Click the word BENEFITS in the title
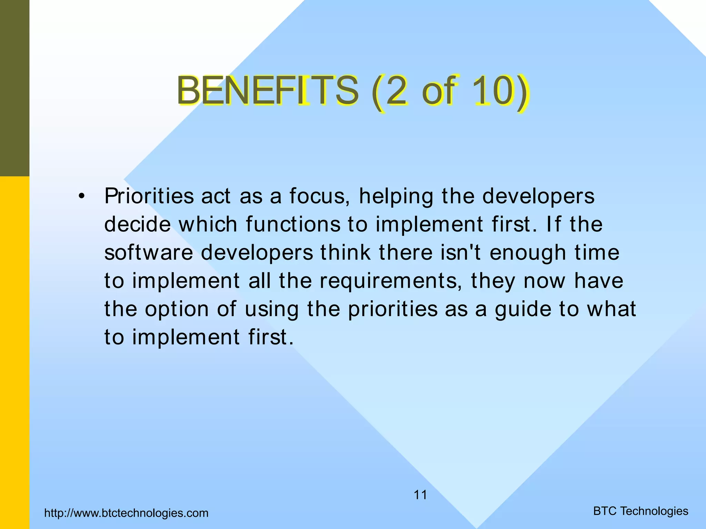click(x=267, y=91)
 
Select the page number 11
click(x=420, y=495)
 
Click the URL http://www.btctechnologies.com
click(x=127, y=513)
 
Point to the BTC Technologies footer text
click(x=641, y=511)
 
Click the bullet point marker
click(x=81, y=197)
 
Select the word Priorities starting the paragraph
click(x=149, y=196)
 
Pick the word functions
click(x=293, y=225)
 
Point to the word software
click(x=149, y=253)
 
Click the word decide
click(x=137, y=225)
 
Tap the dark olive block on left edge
click(x=14, y=88)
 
